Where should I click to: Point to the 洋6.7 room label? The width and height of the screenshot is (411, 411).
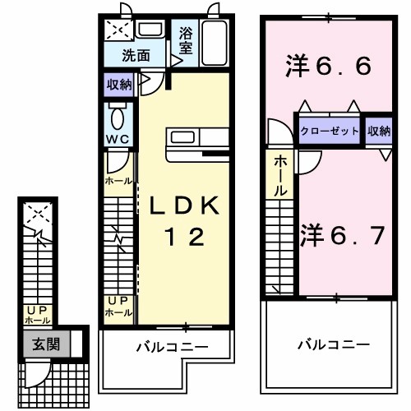coord(342,236)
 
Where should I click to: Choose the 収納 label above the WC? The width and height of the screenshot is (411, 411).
coord(118,84)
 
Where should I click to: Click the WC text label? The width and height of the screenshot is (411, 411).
coord(115,137)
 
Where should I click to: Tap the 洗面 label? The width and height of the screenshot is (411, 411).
coord(136,56)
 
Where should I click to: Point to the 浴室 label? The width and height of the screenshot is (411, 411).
coord(185,43)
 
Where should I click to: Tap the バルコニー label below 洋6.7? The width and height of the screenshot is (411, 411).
coord(333,344)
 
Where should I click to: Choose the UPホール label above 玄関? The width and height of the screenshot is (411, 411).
coord(37,314)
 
